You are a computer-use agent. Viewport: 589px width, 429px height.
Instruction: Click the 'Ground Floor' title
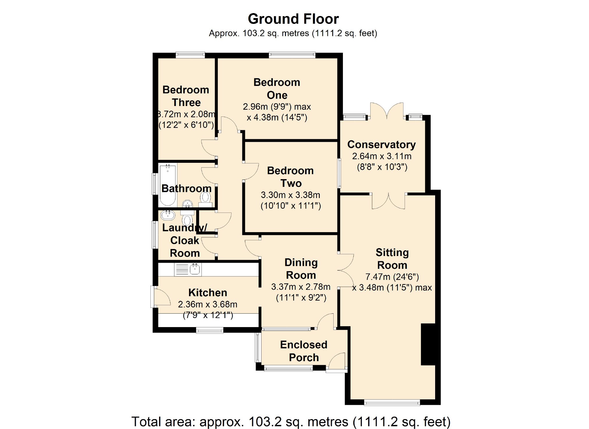pos(293,19)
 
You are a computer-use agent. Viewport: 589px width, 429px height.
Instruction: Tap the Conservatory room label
pos(381,144)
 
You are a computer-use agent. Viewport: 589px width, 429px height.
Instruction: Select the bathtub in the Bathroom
pos(168,185)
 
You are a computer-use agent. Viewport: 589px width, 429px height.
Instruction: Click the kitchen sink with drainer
pos(188,269)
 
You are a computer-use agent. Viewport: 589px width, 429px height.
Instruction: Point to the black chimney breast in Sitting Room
pos(428,344)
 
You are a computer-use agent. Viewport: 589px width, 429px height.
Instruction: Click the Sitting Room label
pos(392,259)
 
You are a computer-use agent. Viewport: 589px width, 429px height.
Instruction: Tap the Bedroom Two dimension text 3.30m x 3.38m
pos(290,195)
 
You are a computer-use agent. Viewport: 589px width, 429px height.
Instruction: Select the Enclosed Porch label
pos(304,351)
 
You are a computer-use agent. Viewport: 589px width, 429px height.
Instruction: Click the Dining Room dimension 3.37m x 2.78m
pos(301,287)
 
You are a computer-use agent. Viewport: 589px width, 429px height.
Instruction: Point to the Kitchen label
pos(208,292)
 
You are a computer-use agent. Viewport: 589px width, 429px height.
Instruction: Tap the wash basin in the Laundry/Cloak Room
pos(168,215)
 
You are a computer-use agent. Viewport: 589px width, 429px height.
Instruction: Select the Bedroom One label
pos(277,89)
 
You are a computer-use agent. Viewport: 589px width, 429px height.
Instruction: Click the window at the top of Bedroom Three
pos(190,55)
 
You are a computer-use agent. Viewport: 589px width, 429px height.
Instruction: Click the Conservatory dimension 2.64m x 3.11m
pos(382,156)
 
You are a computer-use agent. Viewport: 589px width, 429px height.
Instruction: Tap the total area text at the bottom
pos(291,421)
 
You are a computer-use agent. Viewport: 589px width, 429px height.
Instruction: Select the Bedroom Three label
pos(186,96)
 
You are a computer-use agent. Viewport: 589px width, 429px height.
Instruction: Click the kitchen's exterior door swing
pos(162,296)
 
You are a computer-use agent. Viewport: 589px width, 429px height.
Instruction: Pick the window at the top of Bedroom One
pos(292,55)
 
